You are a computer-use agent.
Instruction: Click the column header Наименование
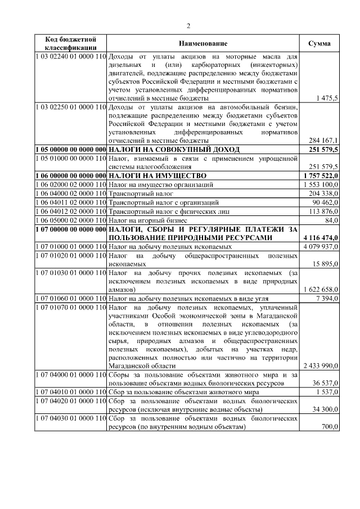click(203, 44)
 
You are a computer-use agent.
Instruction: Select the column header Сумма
click(319, 44)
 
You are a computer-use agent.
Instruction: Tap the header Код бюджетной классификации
click(70, 44)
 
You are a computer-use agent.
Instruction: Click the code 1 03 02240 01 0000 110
click(70, 57)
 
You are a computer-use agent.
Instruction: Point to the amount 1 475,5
click(327, 98)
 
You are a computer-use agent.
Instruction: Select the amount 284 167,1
click(323, 140)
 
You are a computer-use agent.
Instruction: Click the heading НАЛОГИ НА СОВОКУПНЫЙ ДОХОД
click(174, 150)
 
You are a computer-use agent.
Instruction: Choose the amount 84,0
click(330, 220)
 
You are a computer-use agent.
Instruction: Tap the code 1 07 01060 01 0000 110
click(70, 298)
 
